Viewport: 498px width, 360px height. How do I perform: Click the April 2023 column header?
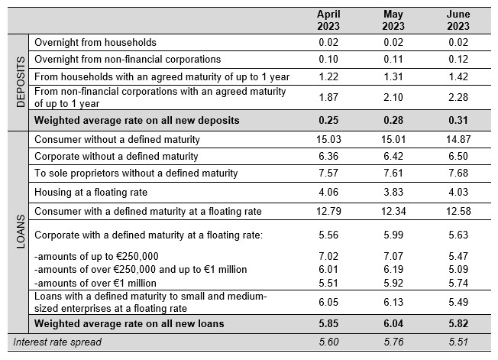(x=328, y=20)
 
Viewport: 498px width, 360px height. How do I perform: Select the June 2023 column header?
(x=458, y=20)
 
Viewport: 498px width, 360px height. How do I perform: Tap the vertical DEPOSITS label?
(x=21, y=82)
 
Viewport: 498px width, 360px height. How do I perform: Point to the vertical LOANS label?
(x=21, y=232)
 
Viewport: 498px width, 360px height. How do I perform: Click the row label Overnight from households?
(x=95, y=43)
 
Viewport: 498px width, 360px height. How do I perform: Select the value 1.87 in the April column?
(x=328, y=97)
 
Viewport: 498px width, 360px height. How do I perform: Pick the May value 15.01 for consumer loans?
(x=393, y=139)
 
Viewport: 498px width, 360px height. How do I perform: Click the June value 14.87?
(x=458, y=139)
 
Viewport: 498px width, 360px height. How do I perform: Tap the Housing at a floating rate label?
(x=91, y=193)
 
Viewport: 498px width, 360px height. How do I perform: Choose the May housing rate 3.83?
(x=393, y=193)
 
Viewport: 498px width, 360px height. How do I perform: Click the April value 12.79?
(x=328, y=211)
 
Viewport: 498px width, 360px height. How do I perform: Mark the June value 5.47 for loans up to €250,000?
(x=458, y=256)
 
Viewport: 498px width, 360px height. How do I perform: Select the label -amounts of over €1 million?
(x=95, y=283)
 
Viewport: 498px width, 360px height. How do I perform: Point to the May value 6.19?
(x=393, y=270)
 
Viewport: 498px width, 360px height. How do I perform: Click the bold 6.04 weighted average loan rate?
(x=393, y=324)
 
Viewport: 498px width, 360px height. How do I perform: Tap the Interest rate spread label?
(x=57, y=342)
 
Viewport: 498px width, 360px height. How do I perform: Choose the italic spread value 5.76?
(x=393, y=342)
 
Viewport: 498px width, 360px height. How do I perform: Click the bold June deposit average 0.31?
(x=458, y=121)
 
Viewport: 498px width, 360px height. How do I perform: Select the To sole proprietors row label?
(x=136, y=174)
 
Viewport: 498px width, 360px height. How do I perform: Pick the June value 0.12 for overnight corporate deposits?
(x=458, y=60)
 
